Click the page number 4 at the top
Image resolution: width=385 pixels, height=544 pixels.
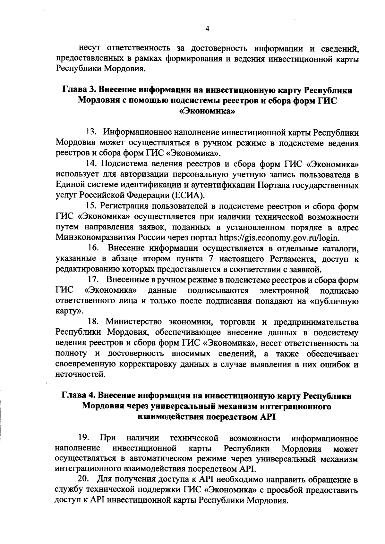[x=207, y=29]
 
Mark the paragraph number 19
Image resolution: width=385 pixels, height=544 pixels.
[x=83, y=438]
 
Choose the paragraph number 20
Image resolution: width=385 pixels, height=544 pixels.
[x=83, y=480]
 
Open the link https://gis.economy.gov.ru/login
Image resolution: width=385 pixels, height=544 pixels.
[x=279, y=238]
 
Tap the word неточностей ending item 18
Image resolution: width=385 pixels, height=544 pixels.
[x=80, y=374]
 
